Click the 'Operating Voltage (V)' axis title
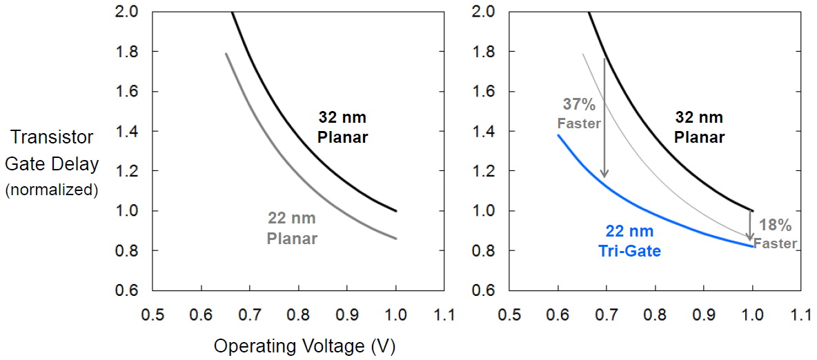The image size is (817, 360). pos(304,346)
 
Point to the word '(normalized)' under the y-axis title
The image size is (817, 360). pos(51,190)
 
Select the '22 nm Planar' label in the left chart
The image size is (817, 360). pos(292,229)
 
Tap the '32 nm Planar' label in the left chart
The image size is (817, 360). pos(342,127)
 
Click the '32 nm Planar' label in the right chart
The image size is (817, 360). pos(699,127)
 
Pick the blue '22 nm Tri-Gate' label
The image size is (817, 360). pos(629,241)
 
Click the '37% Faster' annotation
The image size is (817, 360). pos(580,113)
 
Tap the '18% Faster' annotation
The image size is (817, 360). pos(776,233)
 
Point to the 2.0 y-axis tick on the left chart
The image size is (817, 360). pos(128,12)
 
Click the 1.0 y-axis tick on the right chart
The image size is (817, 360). pos(484,210)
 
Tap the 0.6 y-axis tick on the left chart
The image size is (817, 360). pos(128,290)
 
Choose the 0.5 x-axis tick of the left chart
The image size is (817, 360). pos(152,315)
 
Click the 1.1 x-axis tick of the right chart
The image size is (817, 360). pos(800,315)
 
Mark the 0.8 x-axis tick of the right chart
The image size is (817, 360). pos(655,315)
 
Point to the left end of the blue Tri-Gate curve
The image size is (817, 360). pos(558,136)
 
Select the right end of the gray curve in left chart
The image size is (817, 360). pos(395,239)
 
